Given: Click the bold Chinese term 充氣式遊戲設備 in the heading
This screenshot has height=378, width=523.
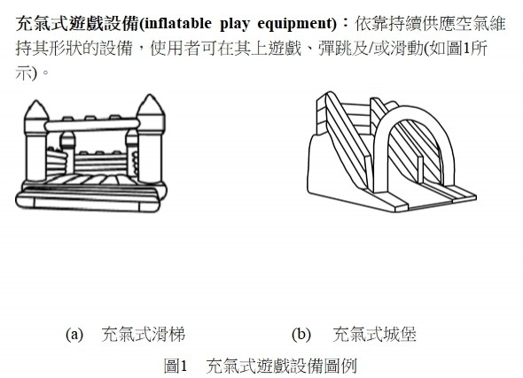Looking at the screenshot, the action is (x=77, y=24).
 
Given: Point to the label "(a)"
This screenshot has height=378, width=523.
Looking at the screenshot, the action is (x=74, y=334).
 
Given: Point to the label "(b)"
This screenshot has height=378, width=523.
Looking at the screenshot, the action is (x=301, y=334).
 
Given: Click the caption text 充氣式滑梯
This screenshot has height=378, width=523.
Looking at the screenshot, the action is (x=144, y=335).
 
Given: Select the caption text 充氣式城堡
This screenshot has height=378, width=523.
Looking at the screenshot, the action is (x=375, y=335).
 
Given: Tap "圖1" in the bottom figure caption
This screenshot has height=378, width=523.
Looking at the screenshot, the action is (x=176, y=366).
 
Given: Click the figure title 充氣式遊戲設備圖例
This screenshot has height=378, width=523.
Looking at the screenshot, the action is (x=282, y=366).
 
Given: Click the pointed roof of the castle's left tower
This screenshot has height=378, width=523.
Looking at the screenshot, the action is (x=36, y=110).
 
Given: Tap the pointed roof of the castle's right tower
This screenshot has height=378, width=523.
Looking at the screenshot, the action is (x=151, y=105).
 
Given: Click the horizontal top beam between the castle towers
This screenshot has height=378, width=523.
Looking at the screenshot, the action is (x=92, y=125).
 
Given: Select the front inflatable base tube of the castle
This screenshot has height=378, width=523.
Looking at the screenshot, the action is (x=88, y=204).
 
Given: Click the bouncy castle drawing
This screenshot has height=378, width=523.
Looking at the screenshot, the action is (x=91, y=153).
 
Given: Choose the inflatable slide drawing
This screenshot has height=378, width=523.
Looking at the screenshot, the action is (x=392, y=151).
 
